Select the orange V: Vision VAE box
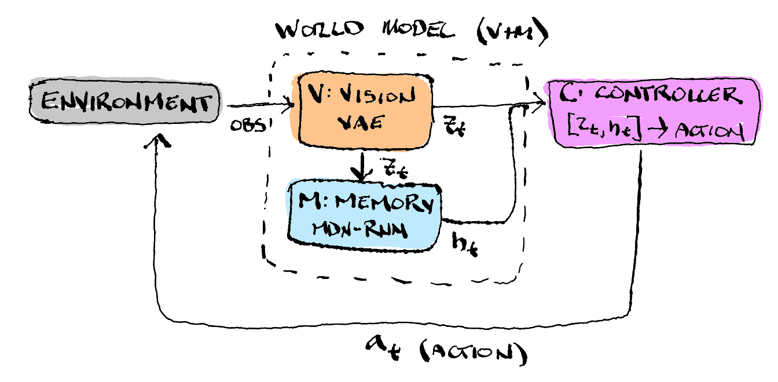click(x=365, y=110)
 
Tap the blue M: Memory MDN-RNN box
click(x=364, y=215)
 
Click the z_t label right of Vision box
click(x=453, y=125)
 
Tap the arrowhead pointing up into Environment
click(x=160, y=140)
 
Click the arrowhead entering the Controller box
click(x=541, y=105)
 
